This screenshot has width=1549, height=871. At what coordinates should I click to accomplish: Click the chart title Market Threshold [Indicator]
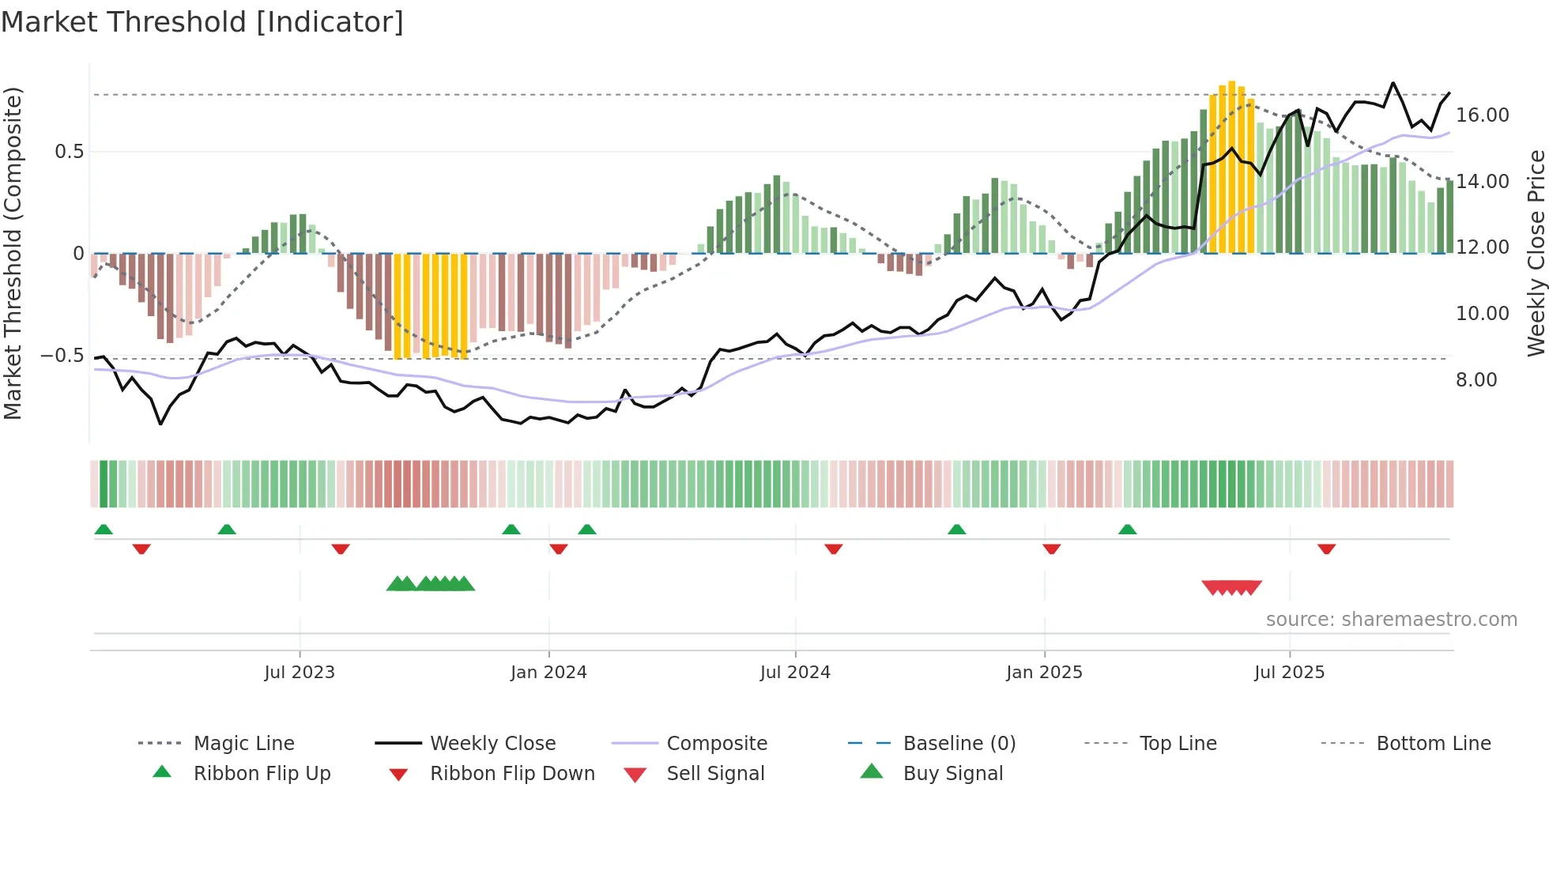pyautogui.click(x=202, y=22)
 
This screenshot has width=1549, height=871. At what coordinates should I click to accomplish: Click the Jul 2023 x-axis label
pyautogui.click(x=300, y=673)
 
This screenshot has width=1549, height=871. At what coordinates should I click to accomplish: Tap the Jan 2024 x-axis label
pyautogui.click(x=548, y=673)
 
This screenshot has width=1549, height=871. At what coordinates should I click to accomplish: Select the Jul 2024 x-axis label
pyautogui.click(x=795, y=673)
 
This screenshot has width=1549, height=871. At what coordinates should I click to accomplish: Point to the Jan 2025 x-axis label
pyautogui.click(x=1044, y=673)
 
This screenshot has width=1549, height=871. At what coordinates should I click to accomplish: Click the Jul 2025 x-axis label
pyautogui.click(x=1289, y=673)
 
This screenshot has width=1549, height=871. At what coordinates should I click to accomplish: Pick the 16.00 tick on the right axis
pyautogui.click(x=1483, y=115)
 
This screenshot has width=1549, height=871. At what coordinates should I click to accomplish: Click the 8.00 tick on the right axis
pyautogui.click(x=1476, y=380)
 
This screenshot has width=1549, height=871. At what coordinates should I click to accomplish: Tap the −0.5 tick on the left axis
pyautogui.click(x=62, y=356)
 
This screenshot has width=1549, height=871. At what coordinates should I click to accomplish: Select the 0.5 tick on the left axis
pyautogui.click(x=70, y=152)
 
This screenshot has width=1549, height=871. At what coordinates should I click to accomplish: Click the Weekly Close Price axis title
pyautogui.click(x=1536, y=253)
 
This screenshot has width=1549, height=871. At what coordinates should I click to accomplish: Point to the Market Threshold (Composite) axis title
pyautogui.click(x=13, y=253)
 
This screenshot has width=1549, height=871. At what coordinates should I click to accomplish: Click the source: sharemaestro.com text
pyautogui.click(x=1391, y=620)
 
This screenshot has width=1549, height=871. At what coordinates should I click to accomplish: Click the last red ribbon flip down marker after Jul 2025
pyautogui.click(x=1326, y=549)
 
